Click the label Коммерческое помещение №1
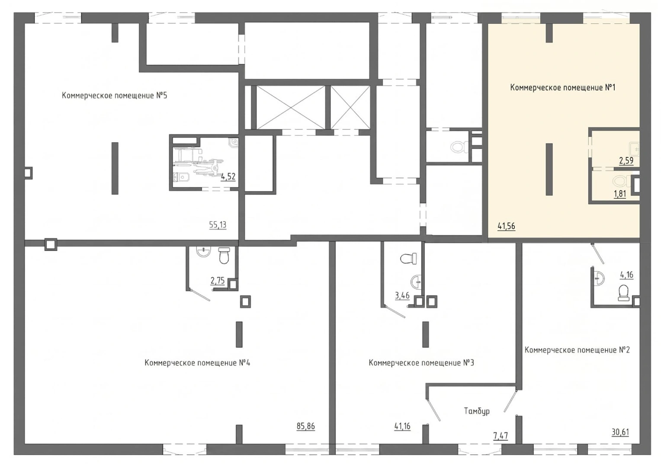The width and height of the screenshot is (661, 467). coord(563,88)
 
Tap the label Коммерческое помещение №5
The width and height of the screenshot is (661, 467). coord(115,96)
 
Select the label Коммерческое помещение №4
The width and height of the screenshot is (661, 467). coord(197,362)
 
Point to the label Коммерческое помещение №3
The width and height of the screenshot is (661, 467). coord(421,362)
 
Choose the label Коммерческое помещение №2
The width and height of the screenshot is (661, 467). coord(577,350)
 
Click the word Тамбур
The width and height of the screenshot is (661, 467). coord(477,411)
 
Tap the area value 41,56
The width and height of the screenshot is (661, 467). coord(507,226)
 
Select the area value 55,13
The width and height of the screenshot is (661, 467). coord(218,225)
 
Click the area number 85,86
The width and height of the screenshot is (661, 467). coord(306,426)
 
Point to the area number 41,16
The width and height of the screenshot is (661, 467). coord(402,426)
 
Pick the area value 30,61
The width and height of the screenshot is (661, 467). coord(620,432)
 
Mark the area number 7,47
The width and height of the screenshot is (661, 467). coord(501,436)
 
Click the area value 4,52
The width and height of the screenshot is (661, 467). coord(228,177)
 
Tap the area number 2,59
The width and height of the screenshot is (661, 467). coord(626,161)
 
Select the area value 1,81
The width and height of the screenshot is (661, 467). coord(620,194)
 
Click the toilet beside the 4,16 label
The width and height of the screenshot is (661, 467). coord(623,293)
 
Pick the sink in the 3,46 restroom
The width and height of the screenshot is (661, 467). coord(417,281)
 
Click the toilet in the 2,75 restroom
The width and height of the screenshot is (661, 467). coord(224,256)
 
